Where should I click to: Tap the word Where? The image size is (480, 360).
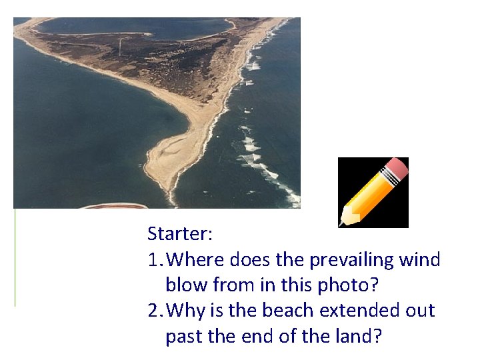pos(197,259)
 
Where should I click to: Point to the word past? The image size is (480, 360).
pos(183,337)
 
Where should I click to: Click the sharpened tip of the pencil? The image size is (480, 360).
pos(344,221)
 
